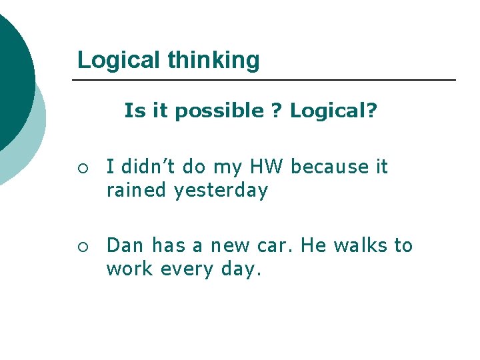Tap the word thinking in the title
(213, 60)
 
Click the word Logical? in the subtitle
(333, 111)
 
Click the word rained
(136, 191)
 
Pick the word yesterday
(221, 191)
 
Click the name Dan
(125, 245)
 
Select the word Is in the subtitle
(133, 111)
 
